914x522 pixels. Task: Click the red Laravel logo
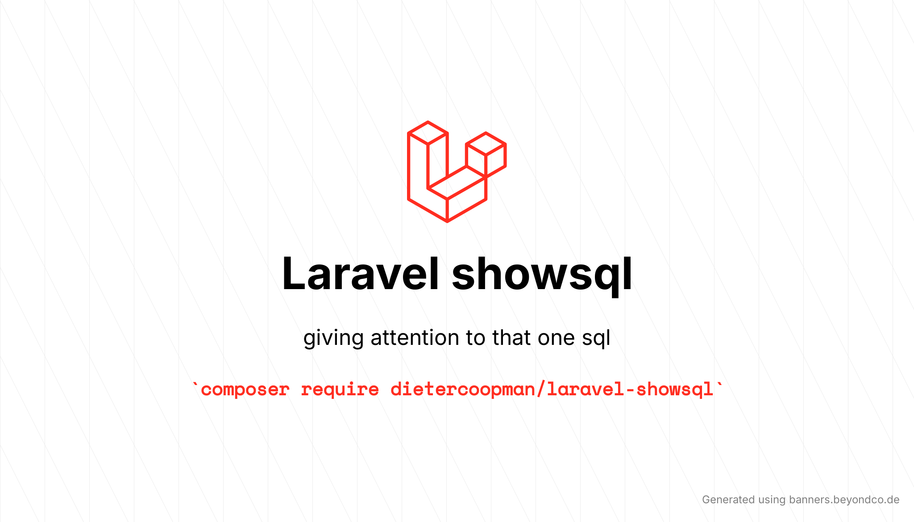tap(456, 172)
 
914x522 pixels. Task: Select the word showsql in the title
tap(542, 274)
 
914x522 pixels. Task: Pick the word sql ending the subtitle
tap(596, 338)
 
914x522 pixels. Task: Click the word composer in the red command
tap(245, 389)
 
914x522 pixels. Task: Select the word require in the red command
tap(340, 389)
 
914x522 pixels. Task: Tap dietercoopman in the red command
tap(463, 389)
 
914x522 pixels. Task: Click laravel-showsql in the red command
tap(630, 389)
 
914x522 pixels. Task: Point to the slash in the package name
tap(541, 389)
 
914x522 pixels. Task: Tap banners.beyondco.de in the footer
tap(844, 500)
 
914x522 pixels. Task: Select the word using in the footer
tap(772, 500)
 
